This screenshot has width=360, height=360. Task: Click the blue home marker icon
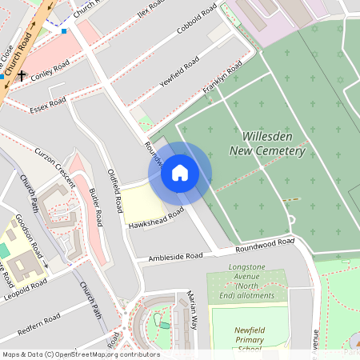[180, 173]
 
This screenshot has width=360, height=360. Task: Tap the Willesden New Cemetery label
[267, 143]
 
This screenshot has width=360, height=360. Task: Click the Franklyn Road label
[222, 82]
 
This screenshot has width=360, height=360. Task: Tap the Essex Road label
[49, 105]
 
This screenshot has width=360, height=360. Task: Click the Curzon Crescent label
[55, 166]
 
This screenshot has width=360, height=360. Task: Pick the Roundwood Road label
[265, 244]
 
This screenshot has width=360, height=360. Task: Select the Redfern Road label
[38, 322]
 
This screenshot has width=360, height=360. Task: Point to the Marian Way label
[191, 310]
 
